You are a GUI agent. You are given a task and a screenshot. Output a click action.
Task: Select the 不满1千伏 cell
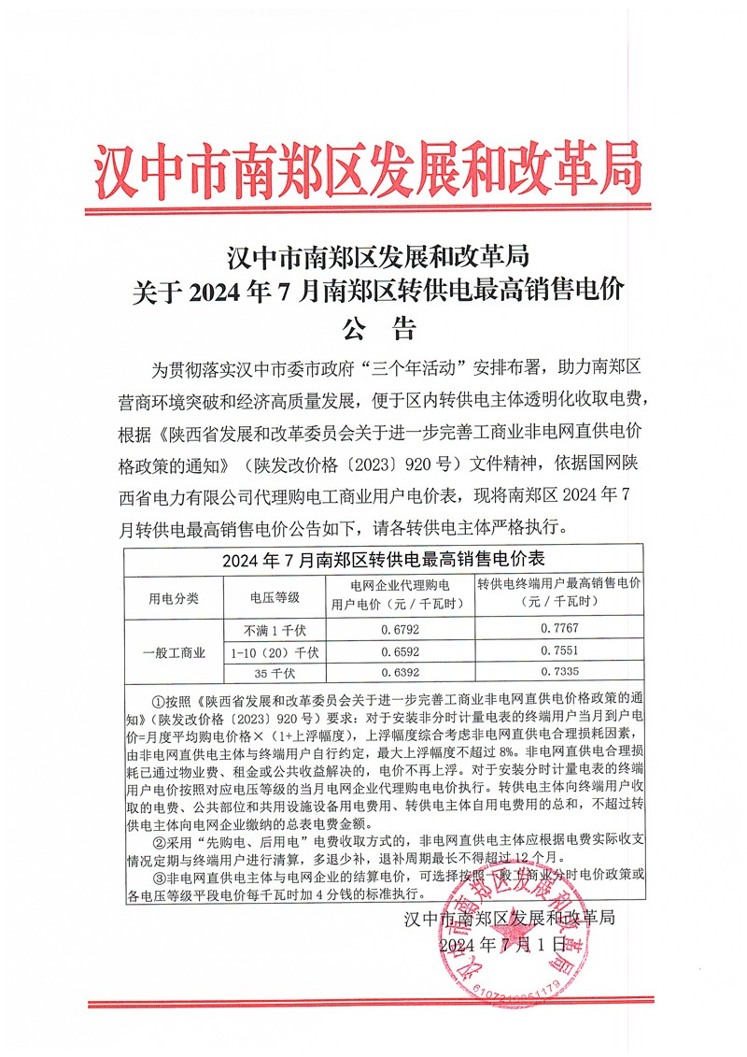click(x=275, y=629)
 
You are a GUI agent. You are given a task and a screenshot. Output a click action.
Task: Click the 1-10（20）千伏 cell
click(x=275, y=651)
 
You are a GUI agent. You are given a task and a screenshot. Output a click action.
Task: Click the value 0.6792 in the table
click(x=399, y=629)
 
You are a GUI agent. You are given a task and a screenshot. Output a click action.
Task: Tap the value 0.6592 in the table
click(x=399, y=651)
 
